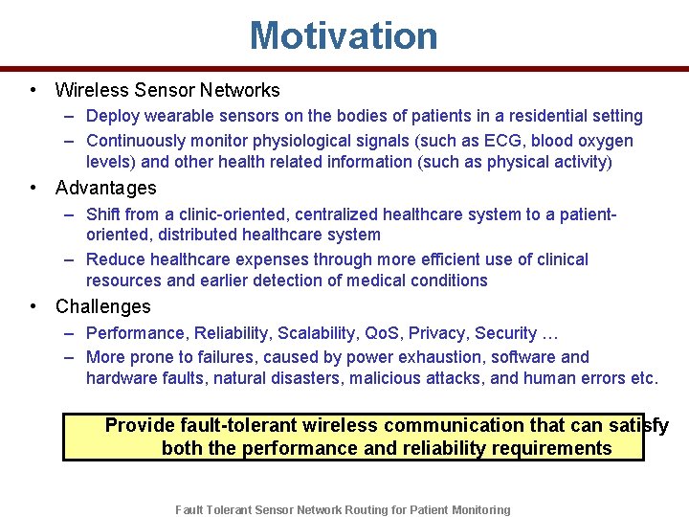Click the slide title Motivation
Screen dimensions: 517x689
[344, 36]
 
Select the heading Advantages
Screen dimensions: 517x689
[105, 188]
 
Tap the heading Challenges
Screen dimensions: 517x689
[103, 306]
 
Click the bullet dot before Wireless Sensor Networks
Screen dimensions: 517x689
[33, 90]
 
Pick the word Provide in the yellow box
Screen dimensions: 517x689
[140, 425]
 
